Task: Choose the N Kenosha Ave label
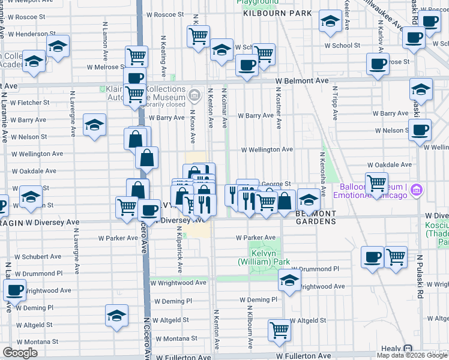pyautogui.click(x=322, y=179)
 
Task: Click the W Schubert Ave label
pyautogui.click(x=38, y=256)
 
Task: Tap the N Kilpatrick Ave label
pyautogui.click(x=179, y=250)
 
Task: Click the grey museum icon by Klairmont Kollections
pyautogui.click(x=194, y=95)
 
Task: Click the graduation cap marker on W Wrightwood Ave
pyautogui.click(x=289, y=280)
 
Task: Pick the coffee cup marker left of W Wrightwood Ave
pyautogui.click(x=15, y=290)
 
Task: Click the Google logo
pyautogui.click(x=20, y=353)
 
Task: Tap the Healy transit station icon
pyautogui.click(x=408, y=349)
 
